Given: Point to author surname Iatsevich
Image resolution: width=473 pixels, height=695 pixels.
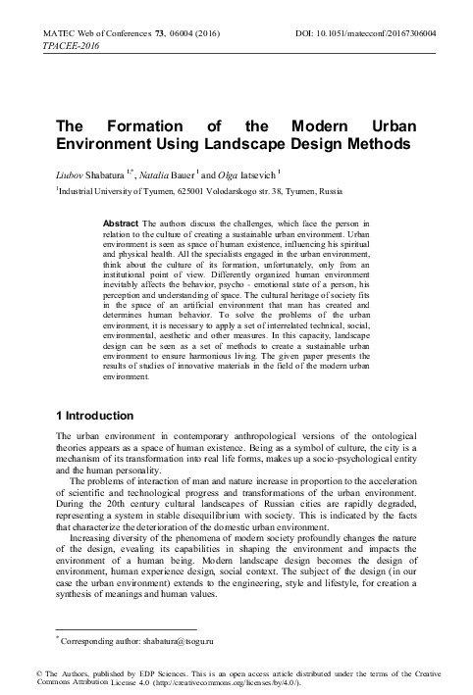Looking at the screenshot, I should [x=274, y=174].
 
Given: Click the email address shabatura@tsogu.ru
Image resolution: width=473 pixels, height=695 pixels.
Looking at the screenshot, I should [x=173, y=642].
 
